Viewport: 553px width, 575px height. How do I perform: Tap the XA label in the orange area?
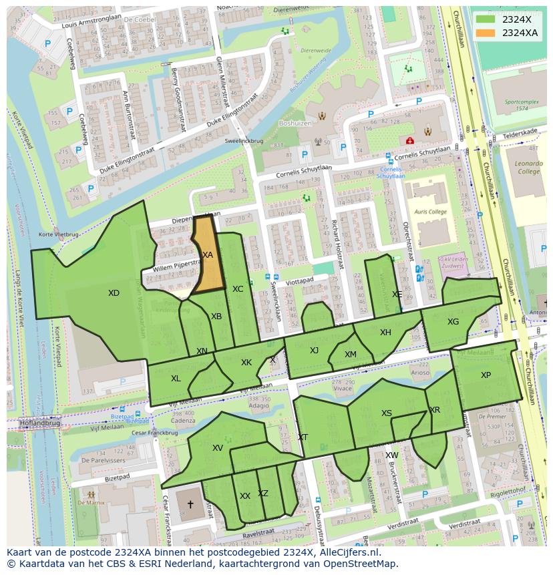coord(207,255)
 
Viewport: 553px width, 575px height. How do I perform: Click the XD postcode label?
coord(114,293)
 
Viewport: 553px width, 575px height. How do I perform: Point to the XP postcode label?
coord(486,375)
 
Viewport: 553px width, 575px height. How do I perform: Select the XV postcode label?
coord(217,448)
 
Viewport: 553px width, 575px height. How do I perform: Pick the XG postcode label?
coord(453,322)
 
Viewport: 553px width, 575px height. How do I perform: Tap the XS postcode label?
coord(387,413)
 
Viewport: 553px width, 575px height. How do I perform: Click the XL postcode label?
coord(176,379)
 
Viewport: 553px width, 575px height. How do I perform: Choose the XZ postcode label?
coord(263,494)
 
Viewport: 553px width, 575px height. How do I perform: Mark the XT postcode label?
coord(303,437)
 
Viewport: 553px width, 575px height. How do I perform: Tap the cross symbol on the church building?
coord(190,505)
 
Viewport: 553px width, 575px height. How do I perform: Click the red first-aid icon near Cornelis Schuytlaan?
coord(409,140)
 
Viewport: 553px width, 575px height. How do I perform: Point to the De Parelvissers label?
coord(103,460)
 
